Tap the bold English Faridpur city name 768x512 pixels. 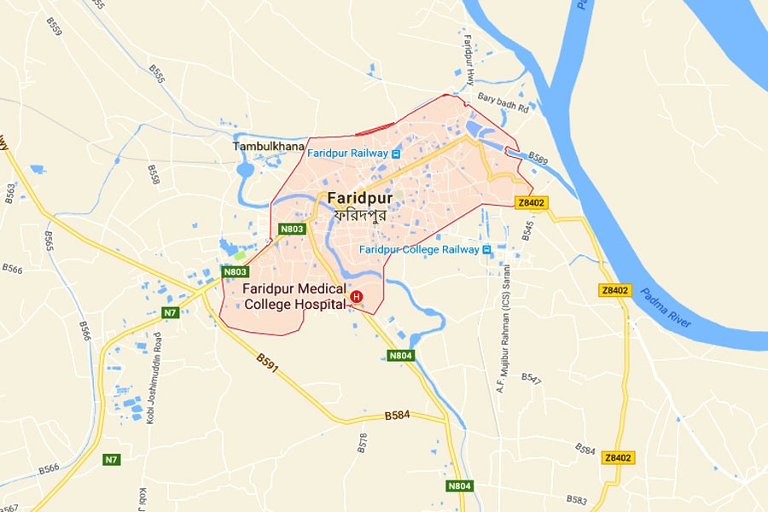point(360,198)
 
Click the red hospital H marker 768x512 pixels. point(357,297)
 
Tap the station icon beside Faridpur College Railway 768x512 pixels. point(486,250)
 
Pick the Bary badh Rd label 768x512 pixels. point(503,105)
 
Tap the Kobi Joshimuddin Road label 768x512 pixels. point(150,390)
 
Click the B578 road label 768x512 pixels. point(362,442)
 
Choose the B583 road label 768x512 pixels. point(577,499)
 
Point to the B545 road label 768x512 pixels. point(527,230)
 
